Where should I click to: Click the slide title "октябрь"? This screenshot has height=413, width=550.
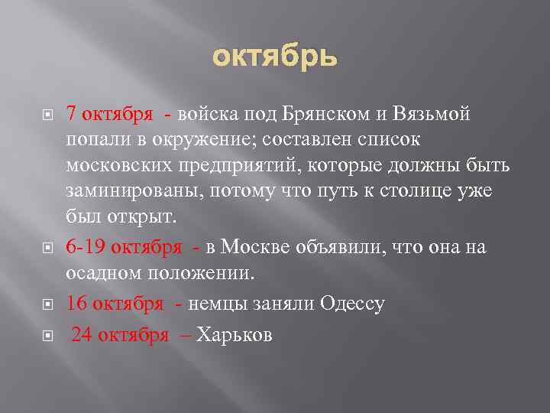coord(274,57)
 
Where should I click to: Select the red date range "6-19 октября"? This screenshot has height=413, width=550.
coord(123,247)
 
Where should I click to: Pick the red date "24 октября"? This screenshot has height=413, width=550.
coord(119,337)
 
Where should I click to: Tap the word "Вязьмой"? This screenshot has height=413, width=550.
coord(432,114)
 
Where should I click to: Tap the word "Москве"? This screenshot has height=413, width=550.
coord(248,247)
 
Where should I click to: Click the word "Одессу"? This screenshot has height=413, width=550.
coord(348,304)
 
